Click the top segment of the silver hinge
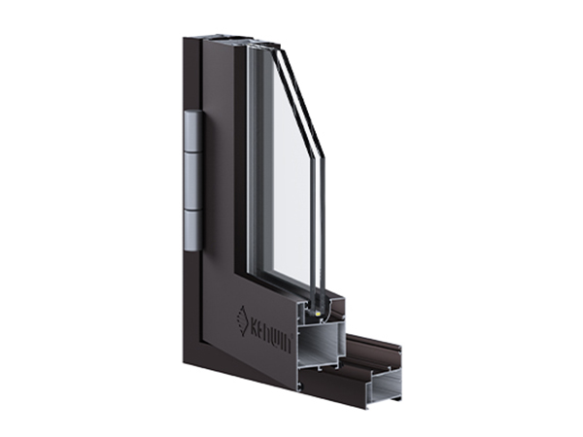194,130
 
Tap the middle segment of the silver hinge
194,181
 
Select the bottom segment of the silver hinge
194,231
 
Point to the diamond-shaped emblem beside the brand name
242,321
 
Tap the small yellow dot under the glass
318,314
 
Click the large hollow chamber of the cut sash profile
321,345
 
